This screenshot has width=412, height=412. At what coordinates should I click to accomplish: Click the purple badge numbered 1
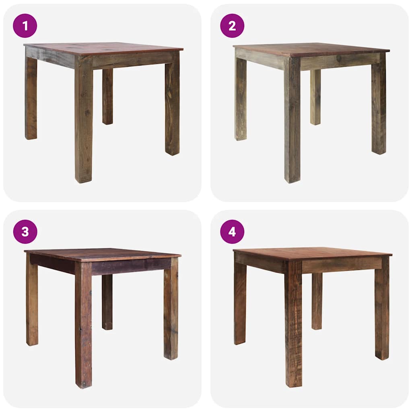pyautogui.click(x=25, y=26)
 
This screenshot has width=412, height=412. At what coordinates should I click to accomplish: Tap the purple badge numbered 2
pyautogui.click(x=232, y=26)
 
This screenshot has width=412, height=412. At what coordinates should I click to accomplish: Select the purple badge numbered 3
pyautogui.click(x=25, y=232)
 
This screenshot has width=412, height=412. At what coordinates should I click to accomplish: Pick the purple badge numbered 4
pyautogui.click(x=232, y=232)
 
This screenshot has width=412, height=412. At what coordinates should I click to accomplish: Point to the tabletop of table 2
pyautogui.click(x=310, y=49)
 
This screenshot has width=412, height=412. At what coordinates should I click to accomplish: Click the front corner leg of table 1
pyautogui.click(x=83, y=125)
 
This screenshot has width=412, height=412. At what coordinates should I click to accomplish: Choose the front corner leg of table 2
pyautogui.click(x=292, y=125)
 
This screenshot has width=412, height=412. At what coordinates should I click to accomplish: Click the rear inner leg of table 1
pyautogui.click(x=107, y=97)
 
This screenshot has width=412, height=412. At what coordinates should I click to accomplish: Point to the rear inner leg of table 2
pyautogui.click(x=315, y=97)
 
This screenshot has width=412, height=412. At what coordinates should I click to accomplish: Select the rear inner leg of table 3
pyautogui.click(x=107, y=302)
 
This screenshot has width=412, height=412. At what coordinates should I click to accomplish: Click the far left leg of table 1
pyautogui.click(x=31, y=99)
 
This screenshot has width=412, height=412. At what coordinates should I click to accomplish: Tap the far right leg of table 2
pyautogui.click(x=379, y=107)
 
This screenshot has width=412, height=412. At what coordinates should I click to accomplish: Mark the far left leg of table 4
pyautogui.click(x=240, y=304)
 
